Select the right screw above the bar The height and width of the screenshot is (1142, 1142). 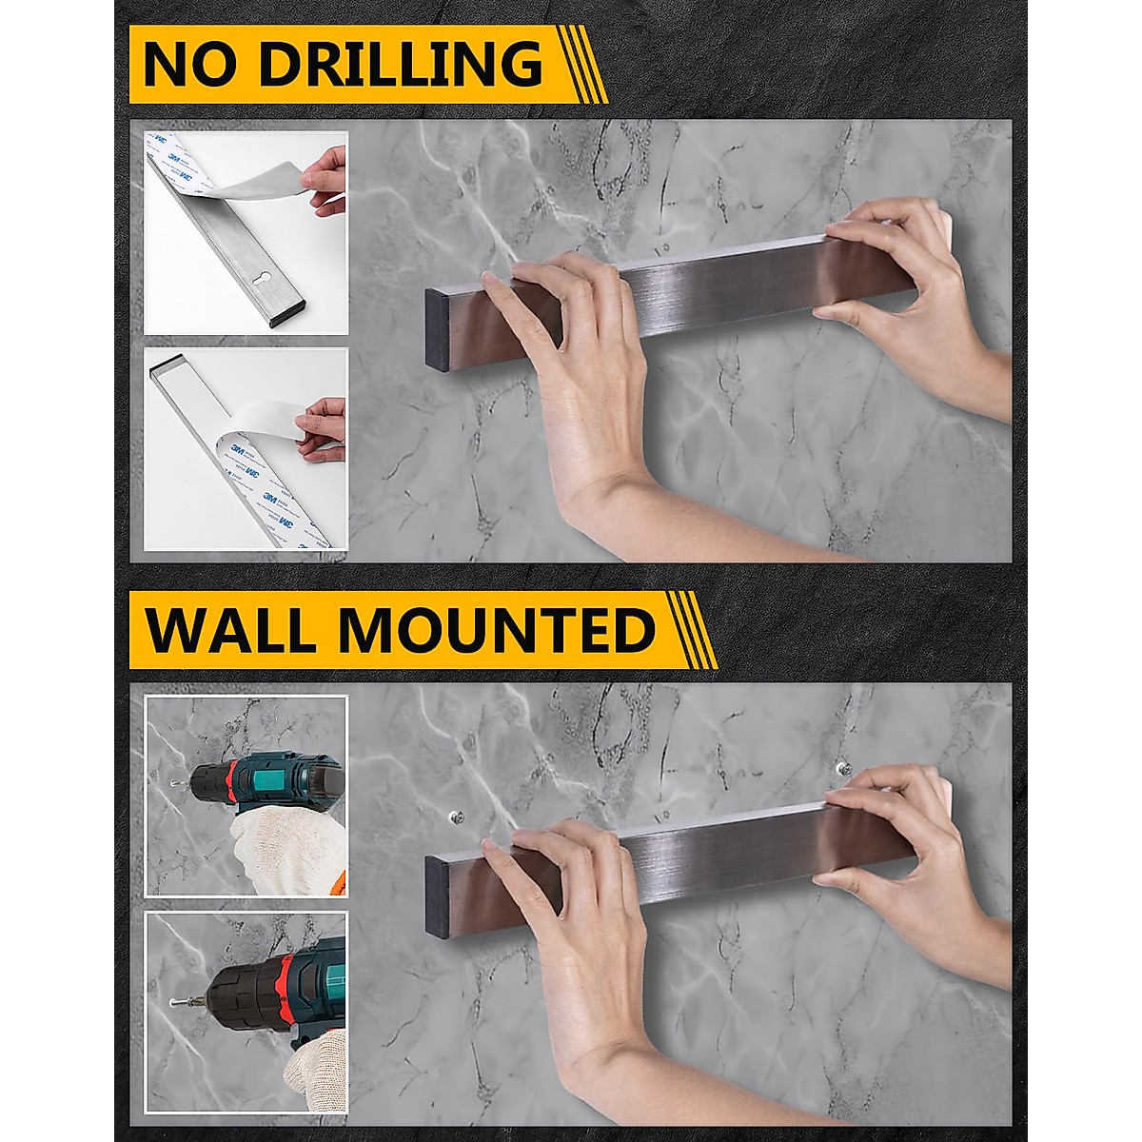click(x=839, y=766)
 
